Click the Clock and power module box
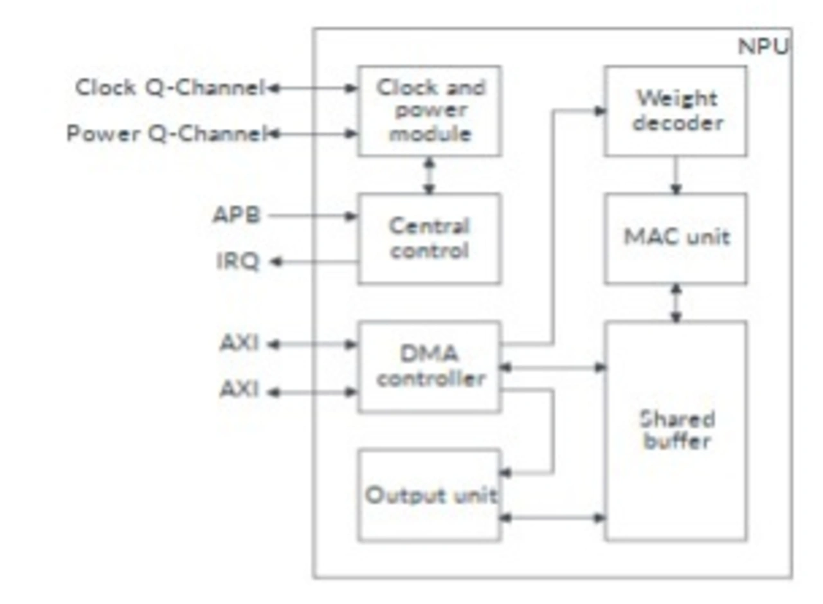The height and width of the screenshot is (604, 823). click(x=430, y=111)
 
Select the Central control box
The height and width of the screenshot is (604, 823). click(x=430, y=238)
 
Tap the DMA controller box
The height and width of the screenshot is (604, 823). click(x=430, y=366)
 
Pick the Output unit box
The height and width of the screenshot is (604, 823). click(x=430, y=495)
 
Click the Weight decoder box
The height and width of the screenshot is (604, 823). click(x=675, y=111)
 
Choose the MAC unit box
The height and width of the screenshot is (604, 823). click(x=675, y=238)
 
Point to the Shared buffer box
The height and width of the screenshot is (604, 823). click(x=675, y=430)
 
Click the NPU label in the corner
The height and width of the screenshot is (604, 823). click(x=763, y=47)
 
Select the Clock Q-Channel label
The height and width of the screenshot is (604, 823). click(x=169, y=87)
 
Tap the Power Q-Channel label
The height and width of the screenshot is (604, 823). click(x=165, y=134)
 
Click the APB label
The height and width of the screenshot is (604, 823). click(x=237, y=215)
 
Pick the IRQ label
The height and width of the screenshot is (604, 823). click(x=237, y=262)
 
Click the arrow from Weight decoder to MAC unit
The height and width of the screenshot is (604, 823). click(x=675, y=174)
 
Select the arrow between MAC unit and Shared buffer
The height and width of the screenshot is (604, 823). click(x=675, y=302)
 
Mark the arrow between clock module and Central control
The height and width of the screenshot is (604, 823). click(x=430, y=174)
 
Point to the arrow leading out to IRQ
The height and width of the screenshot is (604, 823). click(x=312, y=262)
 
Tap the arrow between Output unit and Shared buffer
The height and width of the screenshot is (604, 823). click(x=553, y=517)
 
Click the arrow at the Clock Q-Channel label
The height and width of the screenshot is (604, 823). click(x=312, y=88)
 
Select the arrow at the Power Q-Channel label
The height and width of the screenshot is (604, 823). click(x=312, y=134)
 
